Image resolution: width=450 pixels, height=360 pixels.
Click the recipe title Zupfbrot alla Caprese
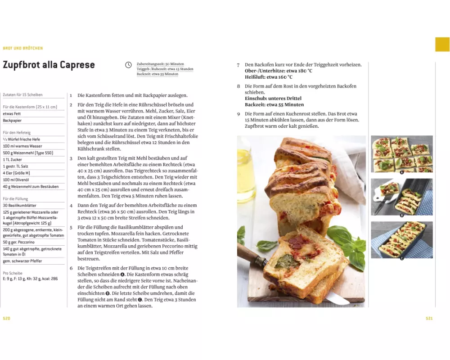point(49,65)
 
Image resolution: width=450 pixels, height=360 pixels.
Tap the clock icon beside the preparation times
point(128,65)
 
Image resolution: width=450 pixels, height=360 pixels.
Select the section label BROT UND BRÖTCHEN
point(23,48)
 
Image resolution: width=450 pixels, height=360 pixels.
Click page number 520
point(7,318)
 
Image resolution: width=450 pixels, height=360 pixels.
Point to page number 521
point(429,318)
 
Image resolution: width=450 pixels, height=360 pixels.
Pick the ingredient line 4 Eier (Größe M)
point(16,173)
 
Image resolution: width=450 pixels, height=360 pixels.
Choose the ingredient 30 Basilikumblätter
point(19,206)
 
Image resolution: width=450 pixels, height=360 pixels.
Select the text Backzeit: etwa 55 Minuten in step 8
point(274,105)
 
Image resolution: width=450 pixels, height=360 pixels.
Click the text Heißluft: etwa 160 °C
point(269,77)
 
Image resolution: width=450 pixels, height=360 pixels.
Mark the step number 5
point(71,228)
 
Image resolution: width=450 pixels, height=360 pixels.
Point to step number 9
point(238,114)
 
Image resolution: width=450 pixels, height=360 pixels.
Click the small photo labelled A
point(402,154)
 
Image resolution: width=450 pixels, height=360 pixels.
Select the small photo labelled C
point(402,240)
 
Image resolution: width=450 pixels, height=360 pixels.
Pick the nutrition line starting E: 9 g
point(31,279)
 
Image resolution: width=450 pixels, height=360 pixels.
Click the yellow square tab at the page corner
point(442,45)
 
